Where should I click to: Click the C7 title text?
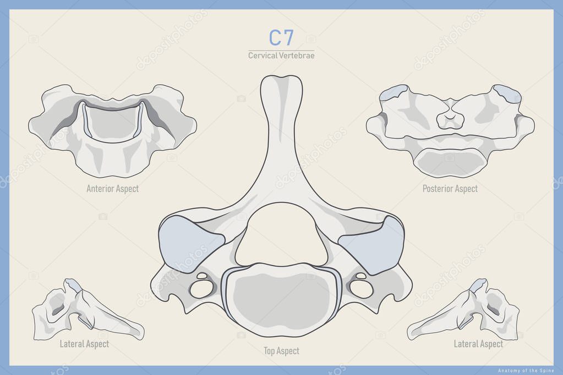click(281, 38)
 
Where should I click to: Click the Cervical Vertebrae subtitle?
click(281, 56)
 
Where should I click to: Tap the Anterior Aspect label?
click(112, 189)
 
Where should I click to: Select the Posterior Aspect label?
click(450, 189)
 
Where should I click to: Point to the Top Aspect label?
click(281, 350)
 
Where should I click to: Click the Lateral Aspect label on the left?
click(84, 344)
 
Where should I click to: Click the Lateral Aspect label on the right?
click(478, 344)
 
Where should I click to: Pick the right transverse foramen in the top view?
click(360, 288)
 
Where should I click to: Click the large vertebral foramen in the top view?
click(281, 234)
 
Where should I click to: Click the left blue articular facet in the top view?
click(190, 242)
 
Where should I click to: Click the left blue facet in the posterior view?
click(392, 92)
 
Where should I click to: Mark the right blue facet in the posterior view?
click(508, 93)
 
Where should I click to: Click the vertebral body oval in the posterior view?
click(450, 163)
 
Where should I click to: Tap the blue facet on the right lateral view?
click(478, 284)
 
